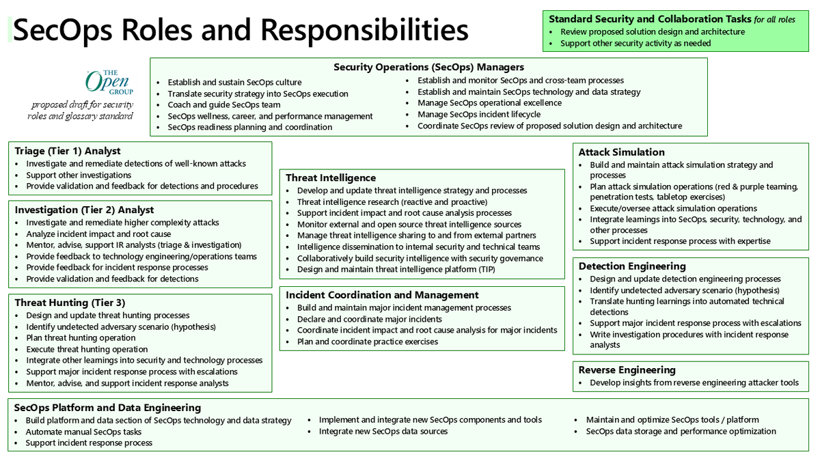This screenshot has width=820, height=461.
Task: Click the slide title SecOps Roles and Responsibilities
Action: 241,31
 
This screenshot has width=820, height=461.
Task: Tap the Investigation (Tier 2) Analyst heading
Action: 84,210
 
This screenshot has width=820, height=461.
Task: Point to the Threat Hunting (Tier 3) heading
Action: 70,303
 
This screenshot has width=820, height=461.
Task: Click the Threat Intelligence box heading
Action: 331,178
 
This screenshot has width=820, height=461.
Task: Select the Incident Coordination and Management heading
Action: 382,295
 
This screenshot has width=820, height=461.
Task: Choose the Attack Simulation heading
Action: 621,152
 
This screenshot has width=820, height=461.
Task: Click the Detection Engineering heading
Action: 632,266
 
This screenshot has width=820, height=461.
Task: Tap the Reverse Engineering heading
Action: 627,370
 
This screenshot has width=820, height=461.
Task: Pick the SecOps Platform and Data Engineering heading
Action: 108,408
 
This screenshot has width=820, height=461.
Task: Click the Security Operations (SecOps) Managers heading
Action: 428,67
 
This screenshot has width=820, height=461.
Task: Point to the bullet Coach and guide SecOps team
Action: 224,105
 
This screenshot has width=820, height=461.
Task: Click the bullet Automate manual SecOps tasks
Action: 84,432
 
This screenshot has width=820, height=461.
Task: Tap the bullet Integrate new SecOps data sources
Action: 383,432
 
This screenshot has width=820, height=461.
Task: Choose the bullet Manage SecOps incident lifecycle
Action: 478,114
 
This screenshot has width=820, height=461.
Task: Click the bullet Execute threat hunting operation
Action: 87,349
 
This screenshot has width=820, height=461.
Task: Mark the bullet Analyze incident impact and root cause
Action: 98,234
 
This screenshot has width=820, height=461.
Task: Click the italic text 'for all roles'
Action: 774,20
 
